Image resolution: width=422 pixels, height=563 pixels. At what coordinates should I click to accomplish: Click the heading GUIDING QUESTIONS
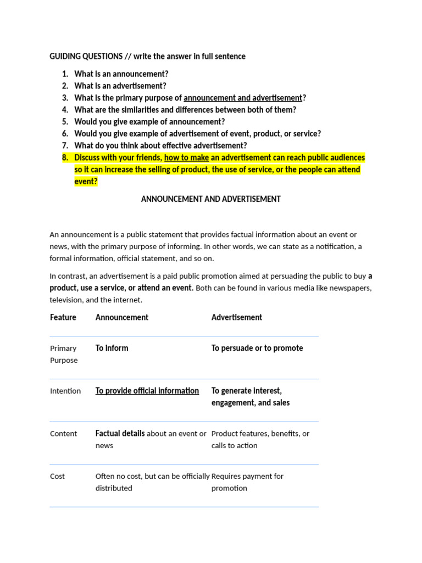(x=86, y=56)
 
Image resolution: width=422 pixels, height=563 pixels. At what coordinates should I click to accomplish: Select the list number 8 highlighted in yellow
(x=65, y=158)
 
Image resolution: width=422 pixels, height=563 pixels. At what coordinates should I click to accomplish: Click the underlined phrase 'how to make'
(x=186, y=158)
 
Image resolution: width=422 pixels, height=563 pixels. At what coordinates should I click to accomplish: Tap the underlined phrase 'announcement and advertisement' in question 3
(x=242, y=98)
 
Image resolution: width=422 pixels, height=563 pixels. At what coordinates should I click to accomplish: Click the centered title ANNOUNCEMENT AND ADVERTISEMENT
(x=211, y=199)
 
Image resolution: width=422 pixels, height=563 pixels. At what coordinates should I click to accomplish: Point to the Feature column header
(x=63, y=317)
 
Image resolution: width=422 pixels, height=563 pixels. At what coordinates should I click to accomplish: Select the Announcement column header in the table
(x=122, y=317)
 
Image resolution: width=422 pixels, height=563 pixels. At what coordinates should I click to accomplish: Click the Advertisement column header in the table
(x=237, y=317)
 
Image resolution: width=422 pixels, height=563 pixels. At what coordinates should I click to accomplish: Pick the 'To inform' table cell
(x=112, y=348)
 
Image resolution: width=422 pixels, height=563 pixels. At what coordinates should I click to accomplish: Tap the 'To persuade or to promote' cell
(x=257, y=348)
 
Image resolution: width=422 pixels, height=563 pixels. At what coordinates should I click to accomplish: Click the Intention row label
(x=65, y=391)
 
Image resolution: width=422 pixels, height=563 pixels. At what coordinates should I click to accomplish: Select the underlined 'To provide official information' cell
(x=147, y=391)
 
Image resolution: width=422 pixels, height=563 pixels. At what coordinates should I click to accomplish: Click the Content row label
(x=64, y=434)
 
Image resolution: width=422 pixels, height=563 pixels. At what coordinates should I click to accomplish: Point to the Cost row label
(x=58, y=477)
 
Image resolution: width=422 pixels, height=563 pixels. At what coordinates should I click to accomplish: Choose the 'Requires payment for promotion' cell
(x=247, y=482)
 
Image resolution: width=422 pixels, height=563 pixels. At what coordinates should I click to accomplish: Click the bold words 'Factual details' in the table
(x=120, y=433)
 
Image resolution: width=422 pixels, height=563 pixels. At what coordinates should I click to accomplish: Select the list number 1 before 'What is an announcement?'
(x=65, y=74)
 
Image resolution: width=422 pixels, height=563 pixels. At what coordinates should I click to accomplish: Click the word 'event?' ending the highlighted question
(x=86, y=182)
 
